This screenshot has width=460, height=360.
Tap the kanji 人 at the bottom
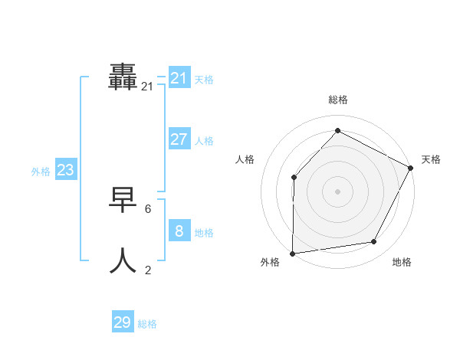point(123,260)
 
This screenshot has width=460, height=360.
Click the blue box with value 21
point(179,77)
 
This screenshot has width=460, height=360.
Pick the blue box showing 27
point(179,139)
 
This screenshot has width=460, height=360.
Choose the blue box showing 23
point(65,170)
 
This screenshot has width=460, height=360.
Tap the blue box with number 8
point(179,231)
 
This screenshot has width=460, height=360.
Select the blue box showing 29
point(123,322)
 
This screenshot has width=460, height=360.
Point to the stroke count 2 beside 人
point(148,270)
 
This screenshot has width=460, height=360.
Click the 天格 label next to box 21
point(204,80)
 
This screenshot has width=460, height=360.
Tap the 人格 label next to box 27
point(204,141)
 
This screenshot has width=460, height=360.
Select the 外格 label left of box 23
point(41,172)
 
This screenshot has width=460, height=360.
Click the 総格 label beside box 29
point(147,325)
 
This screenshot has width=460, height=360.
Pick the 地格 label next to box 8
point(204,233)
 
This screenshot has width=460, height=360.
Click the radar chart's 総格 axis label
point(337,100)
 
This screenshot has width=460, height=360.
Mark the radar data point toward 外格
point(292,253)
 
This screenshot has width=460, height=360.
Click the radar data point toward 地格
point(374,242)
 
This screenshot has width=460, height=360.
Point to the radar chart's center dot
point(337,191)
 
